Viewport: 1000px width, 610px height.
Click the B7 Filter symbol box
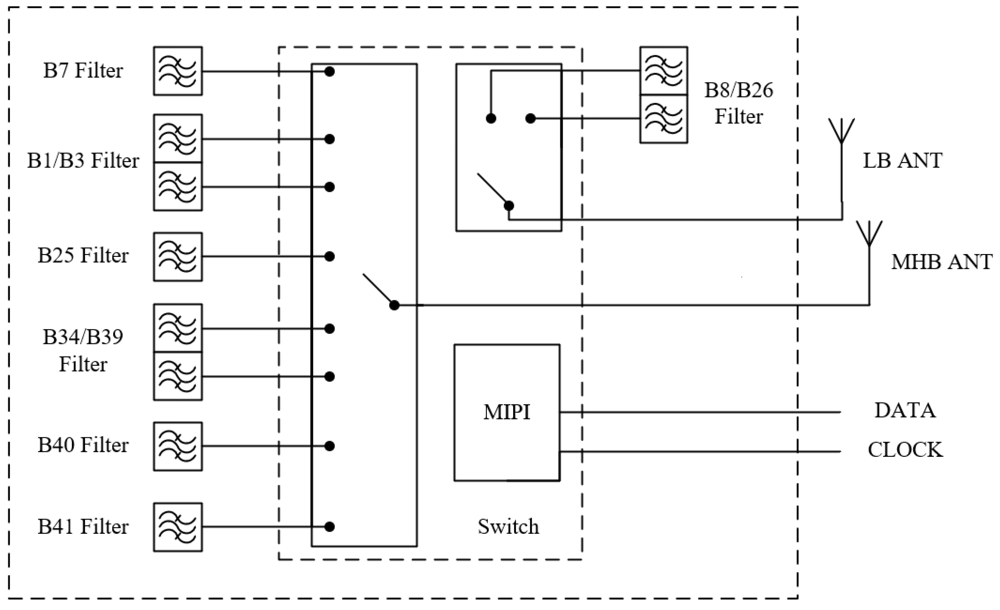(x=178, y=71)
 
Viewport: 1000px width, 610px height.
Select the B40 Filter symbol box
(x=178, y=446)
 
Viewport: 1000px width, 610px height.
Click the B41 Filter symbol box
(x=178, y=527)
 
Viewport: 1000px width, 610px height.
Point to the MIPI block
(x=507, y=412)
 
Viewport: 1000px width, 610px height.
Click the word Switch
(x=508, y=527)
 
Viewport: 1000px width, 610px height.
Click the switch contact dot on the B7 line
(x=330, y=72)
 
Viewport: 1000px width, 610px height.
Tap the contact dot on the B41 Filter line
(x=330, y=527)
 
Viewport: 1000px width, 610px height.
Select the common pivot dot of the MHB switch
(x=394, y=305)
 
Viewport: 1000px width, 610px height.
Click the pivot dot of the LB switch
(x=509, y=206)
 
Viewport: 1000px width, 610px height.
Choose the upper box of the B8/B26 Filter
(x=664, y=71)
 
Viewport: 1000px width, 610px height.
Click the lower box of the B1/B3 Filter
(x=178, y=187)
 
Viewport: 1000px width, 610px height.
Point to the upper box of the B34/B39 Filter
(x=178, y=328)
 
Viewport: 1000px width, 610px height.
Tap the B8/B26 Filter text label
(x=738, y=103)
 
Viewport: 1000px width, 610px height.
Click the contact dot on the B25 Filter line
(x=330, y=257)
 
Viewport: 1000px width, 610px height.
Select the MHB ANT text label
(x=942, y=262)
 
